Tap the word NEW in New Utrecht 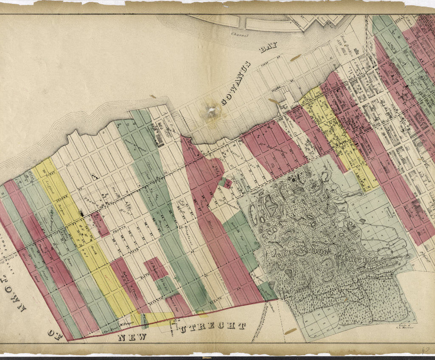(132, 337)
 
